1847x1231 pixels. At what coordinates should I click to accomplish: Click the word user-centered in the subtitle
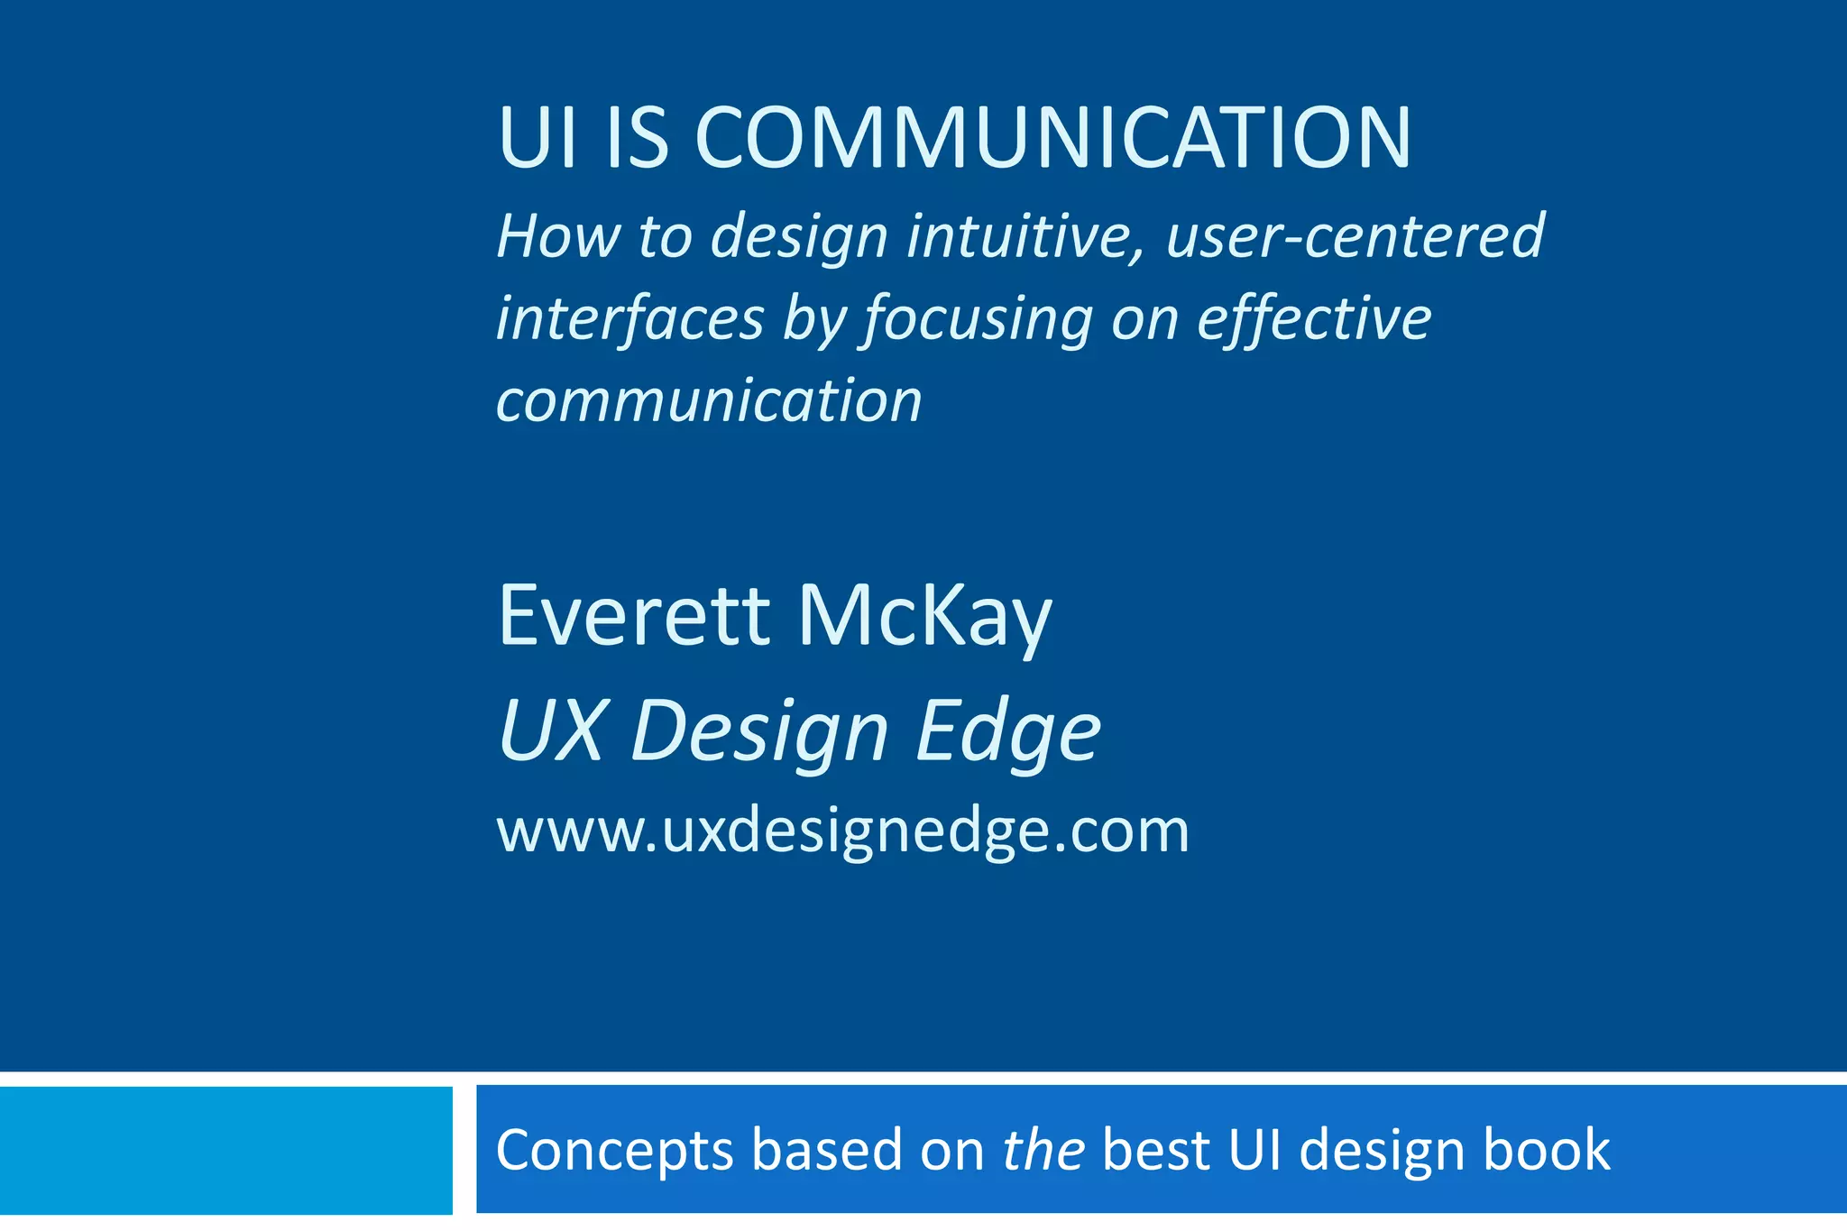click(x=1355, y=236)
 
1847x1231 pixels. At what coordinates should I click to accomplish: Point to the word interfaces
click(x=629, y=318)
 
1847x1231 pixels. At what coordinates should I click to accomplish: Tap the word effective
click(x=1313, y=318)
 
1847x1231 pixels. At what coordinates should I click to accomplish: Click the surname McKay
click(x=924, y=618)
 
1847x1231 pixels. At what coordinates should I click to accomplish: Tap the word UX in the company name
click(x=551, y=730)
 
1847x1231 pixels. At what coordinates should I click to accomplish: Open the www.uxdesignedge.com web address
click(x=842, y=831)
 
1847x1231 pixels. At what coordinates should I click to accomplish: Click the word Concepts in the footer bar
click(x=614, y=1150)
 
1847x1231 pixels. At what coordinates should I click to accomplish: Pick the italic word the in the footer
click(x=1043, y=1150)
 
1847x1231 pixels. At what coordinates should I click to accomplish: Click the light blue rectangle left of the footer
click(x=225, y=1150)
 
